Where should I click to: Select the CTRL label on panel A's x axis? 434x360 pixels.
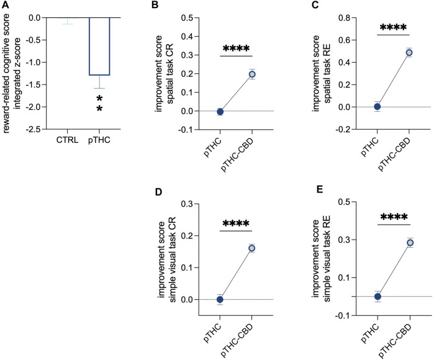(x=67, y=138)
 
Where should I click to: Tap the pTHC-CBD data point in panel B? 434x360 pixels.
(x=252, y=74)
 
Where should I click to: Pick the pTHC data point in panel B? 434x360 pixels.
(x=220, y=112)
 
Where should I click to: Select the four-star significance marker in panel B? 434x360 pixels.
(x=236, y=48)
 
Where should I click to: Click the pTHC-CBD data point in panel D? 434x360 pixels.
(x=252, y=248)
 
